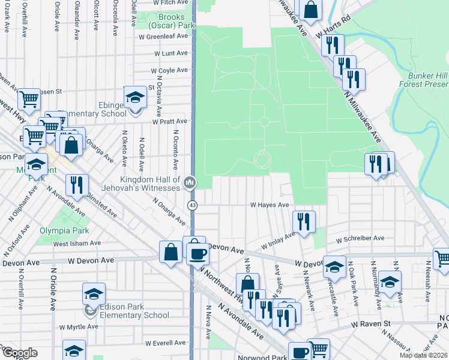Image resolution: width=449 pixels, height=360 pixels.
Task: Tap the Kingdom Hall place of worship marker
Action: tap(190, 182)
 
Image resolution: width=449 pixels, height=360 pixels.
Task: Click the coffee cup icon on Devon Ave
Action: tap(197, 254)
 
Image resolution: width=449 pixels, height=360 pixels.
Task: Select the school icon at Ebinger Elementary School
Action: tap(135, 98)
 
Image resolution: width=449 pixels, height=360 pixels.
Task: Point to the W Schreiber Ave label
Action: tap(360, 238)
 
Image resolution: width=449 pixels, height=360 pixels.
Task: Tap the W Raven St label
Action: tap(371, 324)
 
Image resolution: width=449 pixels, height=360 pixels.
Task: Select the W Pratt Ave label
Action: tap(170, 121)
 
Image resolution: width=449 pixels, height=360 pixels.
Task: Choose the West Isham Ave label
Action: tap(77, 243)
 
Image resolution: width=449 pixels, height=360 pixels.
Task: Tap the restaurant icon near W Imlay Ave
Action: tap(304, 221)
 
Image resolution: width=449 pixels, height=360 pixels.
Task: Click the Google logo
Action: tap(20, 353)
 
